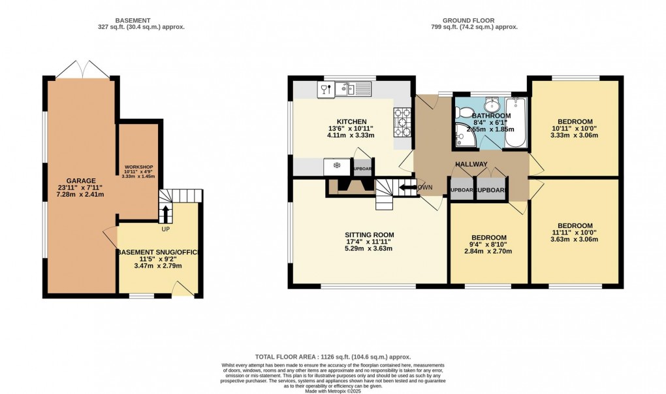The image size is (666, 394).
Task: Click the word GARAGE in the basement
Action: [81, 180]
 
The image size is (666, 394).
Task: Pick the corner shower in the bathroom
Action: [465, 136]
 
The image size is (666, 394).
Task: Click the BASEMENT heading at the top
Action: [141, 20]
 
